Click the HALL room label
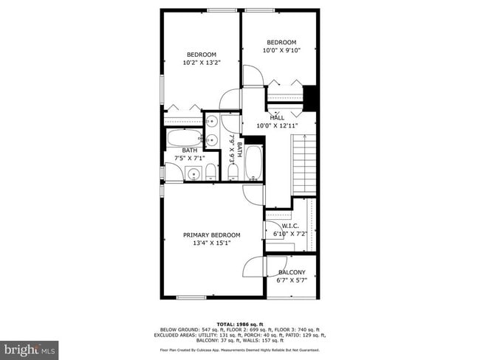tap(277, 117)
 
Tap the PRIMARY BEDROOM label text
tap(213, 235)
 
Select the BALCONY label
tap(291, 272)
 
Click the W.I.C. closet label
tap(291, 226)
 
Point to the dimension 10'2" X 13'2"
tap(202, 63)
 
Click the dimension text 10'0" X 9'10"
tap(281, 51)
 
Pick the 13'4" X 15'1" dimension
tap(213, 243)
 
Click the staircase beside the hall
tap(304, 166)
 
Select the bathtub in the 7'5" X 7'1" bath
tap(183, 137)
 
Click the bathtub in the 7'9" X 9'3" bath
tap(253, 162)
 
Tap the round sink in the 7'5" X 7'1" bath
tap(193, 174)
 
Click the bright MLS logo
tap(30, 347)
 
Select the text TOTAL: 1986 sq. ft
tap(240, 323)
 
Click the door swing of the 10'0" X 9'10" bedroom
tap(253, 76)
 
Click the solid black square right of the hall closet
tap(310, 97)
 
